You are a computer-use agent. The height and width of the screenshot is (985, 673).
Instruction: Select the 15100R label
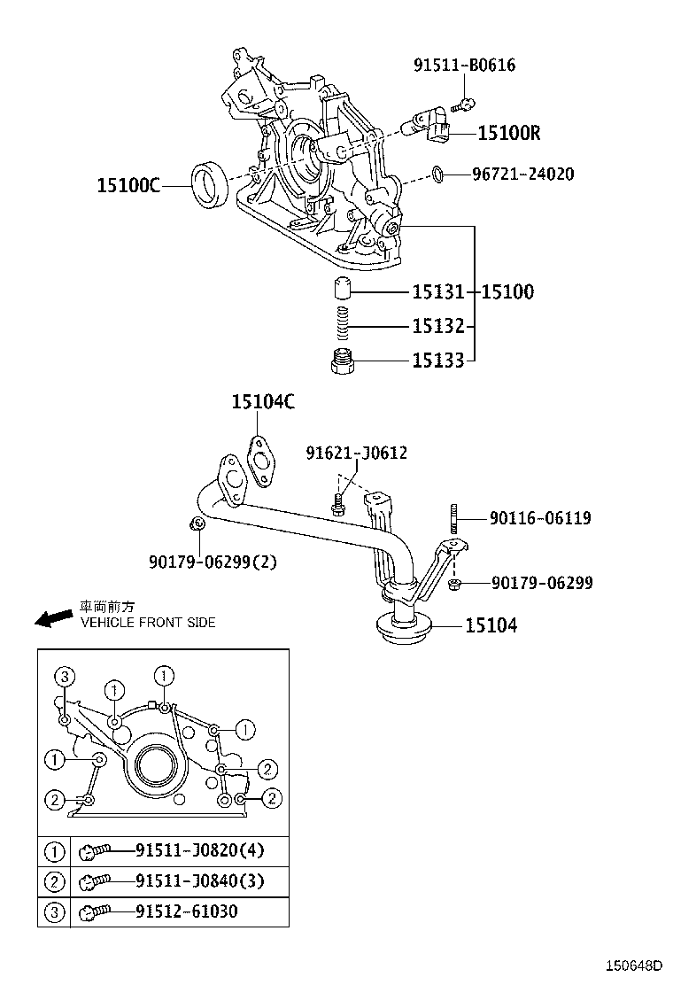point(508,133)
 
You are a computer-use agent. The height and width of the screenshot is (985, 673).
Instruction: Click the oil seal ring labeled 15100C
point(210,185)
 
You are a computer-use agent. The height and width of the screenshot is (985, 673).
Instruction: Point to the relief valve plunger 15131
point(344,290)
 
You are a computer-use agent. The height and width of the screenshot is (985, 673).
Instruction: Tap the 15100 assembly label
point(508,291)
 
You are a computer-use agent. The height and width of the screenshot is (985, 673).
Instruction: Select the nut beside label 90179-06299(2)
point(198,526)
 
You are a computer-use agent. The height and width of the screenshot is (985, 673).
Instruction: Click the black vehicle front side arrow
point(53,617)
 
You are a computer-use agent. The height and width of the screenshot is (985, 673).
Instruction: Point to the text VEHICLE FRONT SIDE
point(148,623)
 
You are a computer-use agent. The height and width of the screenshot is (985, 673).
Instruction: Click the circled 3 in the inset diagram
point(63,677)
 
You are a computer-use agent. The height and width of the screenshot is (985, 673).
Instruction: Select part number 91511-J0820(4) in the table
point(199,851)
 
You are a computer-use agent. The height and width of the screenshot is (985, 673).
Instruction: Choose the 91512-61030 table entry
point(186,911)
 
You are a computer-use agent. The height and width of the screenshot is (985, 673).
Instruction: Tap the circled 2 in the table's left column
point(54,881)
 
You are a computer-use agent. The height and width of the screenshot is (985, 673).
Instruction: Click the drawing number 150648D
point(633,966)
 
